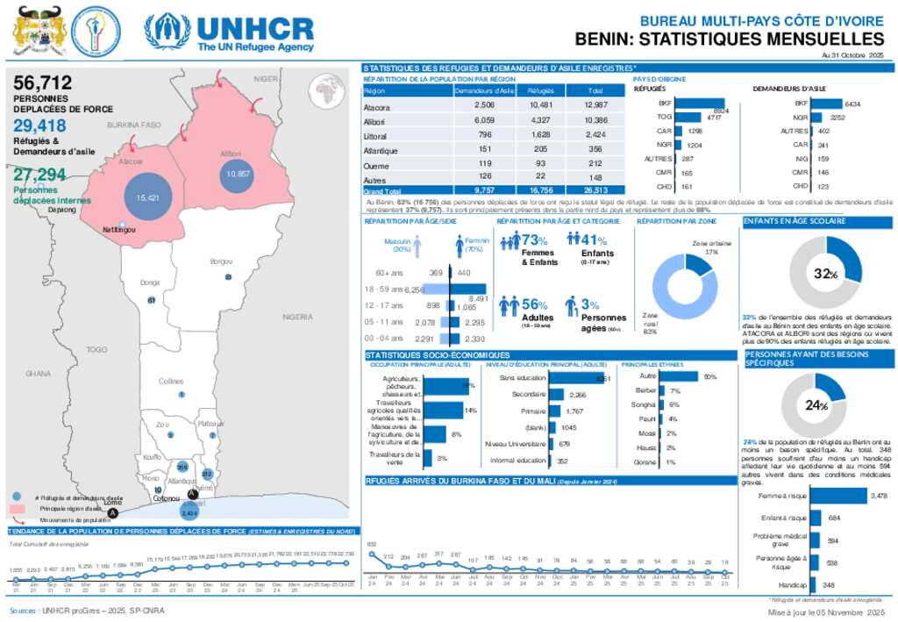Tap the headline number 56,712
(x=43, y=83)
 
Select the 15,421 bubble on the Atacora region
(x=146, y=199)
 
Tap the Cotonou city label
(x=167, y=498)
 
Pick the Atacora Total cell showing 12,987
(x=595, y=106)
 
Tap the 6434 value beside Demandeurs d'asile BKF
(x=852, y=104)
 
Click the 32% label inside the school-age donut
(x=822, y=275)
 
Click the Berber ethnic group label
(x=645, y=390)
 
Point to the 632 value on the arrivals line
(x=371, y=545)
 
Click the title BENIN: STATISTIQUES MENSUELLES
(x=730, y=39)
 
